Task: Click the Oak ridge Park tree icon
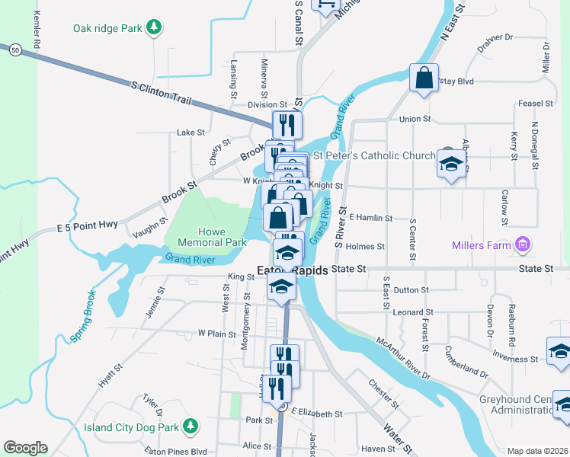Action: coord(155,28)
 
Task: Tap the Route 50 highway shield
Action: coord(14,50)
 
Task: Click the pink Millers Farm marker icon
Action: coord(523,244)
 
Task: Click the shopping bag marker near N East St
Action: coord(424,78)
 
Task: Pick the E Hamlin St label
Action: coord(370,218)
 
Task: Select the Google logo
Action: coord(25,448)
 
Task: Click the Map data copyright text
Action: coord(537,451)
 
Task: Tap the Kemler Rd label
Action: coord(36,31)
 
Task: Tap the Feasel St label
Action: coord(534,104)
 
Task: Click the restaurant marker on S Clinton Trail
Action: coord(287,124)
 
